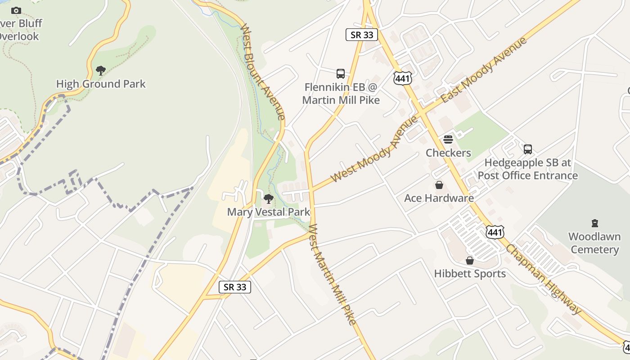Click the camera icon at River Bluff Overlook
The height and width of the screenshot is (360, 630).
16,10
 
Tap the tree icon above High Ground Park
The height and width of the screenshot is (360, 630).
101,70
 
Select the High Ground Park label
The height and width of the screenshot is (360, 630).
101,84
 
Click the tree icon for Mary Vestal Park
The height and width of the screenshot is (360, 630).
269,198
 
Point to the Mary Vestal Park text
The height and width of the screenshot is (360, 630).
269,212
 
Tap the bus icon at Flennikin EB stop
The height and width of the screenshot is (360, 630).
341,73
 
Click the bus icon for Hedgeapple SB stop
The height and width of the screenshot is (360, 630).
528,149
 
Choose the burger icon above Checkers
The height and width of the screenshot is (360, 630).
448,139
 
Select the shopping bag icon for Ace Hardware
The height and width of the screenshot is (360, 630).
439,185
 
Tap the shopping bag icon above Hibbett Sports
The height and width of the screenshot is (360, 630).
470,261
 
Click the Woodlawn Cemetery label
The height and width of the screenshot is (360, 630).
594,243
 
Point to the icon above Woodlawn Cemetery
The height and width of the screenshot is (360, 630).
595,223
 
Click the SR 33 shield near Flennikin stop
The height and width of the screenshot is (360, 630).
362,35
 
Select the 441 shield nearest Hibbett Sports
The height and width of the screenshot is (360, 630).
495,232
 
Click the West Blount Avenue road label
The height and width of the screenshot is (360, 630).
263,72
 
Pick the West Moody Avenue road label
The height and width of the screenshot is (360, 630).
374,149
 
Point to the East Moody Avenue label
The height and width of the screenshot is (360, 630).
483,70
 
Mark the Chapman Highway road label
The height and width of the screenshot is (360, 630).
544,279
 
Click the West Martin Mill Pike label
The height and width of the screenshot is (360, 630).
333,274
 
